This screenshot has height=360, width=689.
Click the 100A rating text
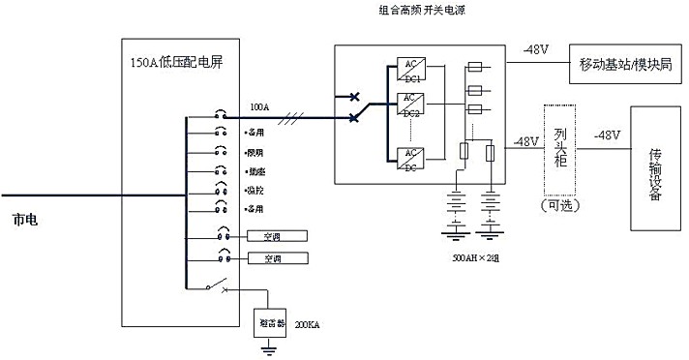259,106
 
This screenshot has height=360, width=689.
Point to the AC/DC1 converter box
410,72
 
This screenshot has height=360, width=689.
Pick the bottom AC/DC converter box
410,160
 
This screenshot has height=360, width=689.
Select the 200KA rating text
306,326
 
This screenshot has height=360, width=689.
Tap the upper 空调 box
277,235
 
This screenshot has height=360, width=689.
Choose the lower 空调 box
277,257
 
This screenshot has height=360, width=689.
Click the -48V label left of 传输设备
609,135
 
